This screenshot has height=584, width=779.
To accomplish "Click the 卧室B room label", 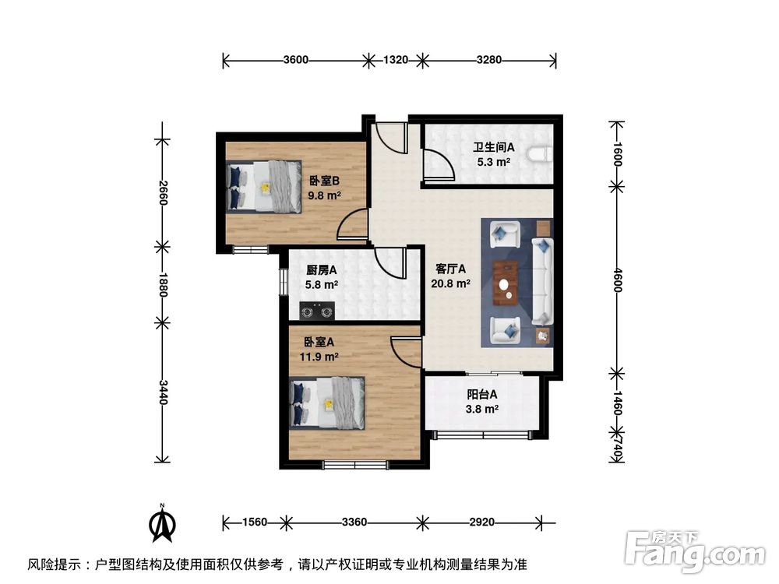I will pyautogui.click(x=325, y=181).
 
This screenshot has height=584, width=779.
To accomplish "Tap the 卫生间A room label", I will pyautogui.click(x=493, y=147).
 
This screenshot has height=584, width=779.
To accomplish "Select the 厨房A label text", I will pyautogui.click(x=321, y=270).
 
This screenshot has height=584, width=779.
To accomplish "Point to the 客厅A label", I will pyautogui.click(x=450, y=269).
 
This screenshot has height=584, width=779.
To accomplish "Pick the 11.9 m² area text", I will pyautogui.click(x=321, y=357).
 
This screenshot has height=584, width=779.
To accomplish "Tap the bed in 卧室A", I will pyautogui.click(x=327, y=403).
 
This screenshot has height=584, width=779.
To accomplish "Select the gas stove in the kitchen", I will pyautogui.click(x=317, y=313).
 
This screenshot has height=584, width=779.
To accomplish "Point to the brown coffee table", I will pyautogui.click(x=506, y=281).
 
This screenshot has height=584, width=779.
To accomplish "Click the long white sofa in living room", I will pyautogui.click(x=542, y=281).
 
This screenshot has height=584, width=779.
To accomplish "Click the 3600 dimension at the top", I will pyautogui.click(x=296, y=60).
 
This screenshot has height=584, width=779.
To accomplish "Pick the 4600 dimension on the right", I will pyautogui.click(x=617, y=278).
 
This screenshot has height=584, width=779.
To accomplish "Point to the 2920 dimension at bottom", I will pyautogui.click(x=481, y=522).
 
